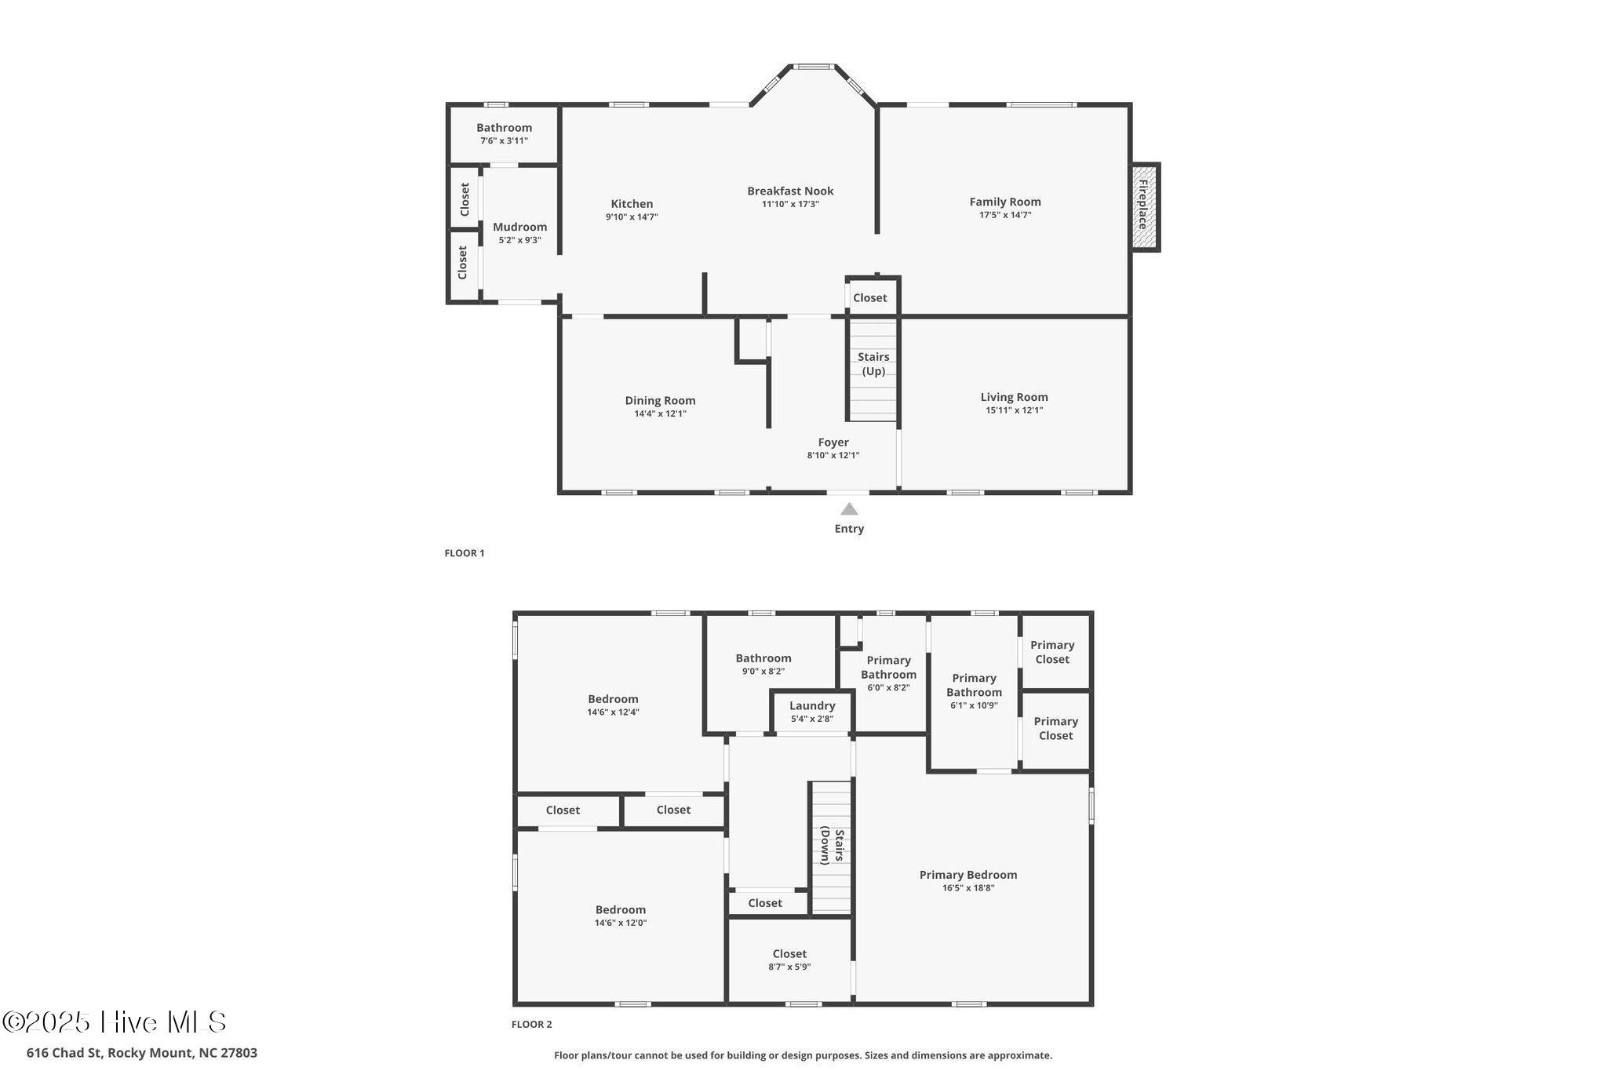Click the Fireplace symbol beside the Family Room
point(1145,207)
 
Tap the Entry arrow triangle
point(849,509)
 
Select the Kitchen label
point(632,204)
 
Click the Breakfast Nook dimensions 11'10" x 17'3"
point(790,204)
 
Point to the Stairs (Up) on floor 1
point(873,364)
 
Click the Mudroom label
point(519,228)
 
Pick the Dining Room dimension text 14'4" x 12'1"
point(660,413)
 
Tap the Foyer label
point(833,443)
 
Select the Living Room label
point(1014,397)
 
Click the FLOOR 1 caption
point(465,553)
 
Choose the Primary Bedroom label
point(967,875)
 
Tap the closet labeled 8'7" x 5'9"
point(789,960)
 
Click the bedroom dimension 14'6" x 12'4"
point(613,712)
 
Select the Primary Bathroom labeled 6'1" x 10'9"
point(974,690)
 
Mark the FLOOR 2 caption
point(531,1024)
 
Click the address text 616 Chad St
point(141,1053)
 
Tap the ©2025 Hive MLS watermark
point(115,1022)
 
